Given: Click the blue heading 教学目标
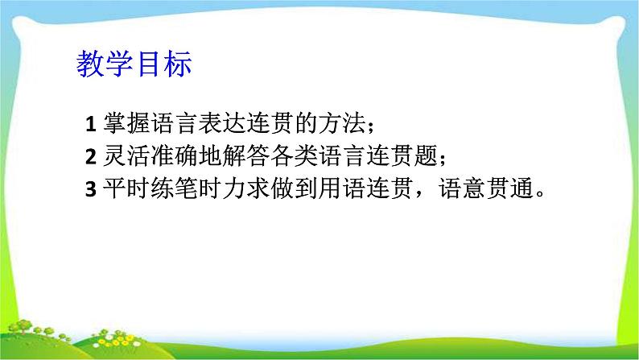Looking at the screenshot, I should tap(134, 64).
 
